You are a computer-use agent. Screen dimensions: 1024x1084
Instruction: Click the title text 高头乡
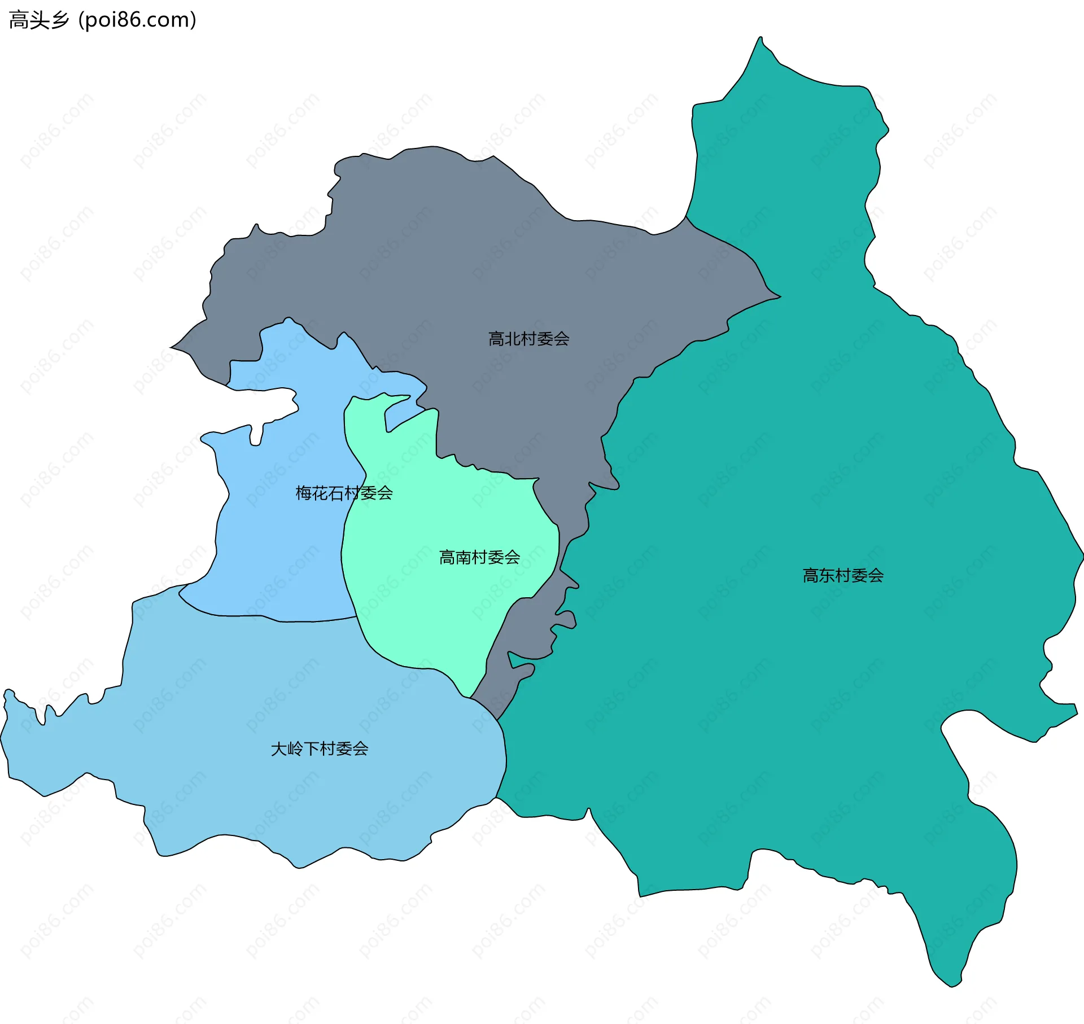click(38, 20)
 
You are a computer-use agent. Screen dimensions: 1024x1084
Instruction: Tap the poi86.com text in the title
click(138, 20)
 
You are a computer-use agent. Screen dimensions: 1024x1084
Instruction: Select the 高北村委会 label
click(528, 339)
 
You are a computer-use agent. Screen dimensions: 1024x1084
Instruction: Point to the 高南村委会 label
click(479, 557)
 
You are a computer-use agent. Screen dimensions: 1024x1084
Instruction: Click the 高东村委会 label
click(843, 575)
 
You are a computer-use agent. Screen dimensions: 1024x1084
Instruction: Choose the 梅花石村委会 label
click(344, 493)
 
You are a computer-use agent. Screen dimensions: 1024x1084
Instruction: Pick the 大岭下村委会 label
click(320, 749)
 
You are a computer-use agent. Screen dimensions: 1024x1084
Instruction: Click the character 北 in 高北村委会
click(512, 339)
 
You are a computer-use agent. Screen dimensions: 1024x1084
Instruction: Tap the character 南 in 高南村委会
click(463, 557)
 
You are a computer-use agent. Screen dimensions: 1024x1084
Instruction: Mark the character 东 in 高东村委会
click(827, 575)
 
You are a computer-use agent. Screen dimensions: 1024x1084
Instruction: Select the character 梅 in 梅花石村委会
click(304, 493)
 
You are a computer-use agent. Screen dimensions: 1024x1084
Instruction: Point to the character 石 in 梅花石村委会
click(336, 493)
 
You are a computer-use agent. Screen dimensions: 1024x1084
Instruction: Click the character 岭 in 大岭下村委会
click(295, 749)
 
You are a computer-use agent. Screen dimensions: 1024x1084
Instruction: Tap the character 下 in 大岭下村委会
click(312, 749)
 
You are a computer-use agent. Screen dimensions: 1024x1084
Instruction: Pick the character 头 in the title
click(38, 20)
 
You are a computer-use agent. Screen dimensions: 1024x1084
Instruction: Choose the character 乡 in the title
click(59, 20)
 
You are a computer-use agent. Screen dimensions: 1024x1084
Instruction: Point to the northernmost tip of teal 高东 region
click(760, 38)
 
